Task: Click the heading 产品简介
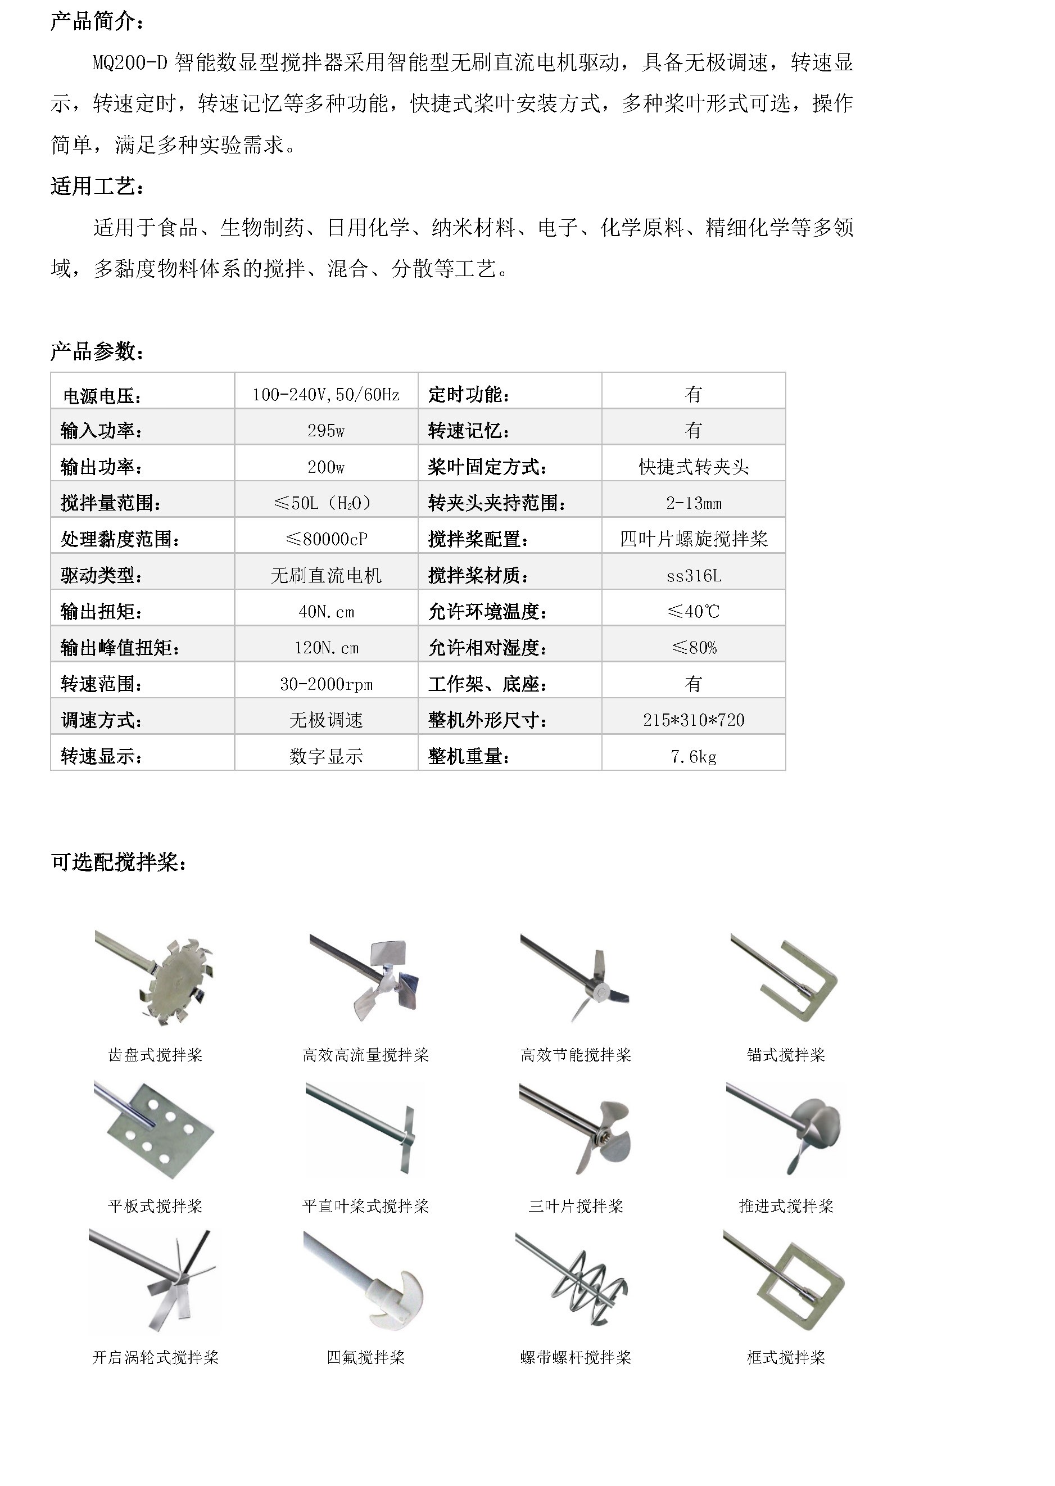pos(97,21)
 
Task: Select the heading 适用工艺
pos(97,187)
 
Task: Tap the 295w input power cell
pos(326,430)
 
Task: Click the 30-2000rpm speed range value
pos(326,684)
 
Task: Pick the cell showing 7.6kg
pos(693,756)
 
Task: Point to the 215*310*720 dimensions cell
pos(693,720)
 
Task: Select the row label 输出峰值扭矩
pos(120,648)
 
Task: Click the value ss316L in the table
pos(693,576)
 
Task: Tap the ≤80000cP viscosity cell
pos(326,539)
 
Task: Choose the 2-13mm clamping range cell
pos(693,503)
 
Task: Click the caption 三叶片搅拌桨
pos(576,1207)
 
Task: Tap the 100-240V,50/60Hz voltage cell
pos(326,394)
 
